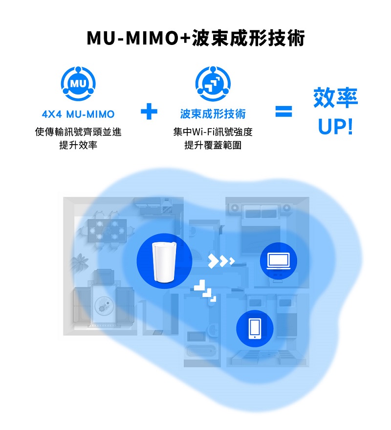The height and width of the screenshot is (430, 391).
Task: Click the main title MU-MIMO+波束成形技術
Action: tap(195, 38)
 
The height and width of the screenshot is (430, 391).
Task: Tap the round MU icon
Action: tap(78, 84)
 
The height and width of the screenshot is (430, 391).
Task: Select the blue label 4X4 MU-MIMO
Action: tap(78, 114)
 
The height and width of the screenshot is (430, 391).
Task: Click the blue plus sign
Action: tap(149, 111)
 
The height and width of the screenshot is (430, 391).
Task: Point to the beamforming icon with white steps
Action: tap(213, 84)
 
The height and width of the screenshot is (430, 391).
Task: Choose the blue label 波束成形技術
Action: tap(213, 114)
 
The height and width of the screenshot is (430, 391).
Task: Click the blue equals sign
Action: tap(283, 111)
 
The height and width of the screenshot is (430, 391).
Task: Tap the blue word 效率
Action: tap(336, 97)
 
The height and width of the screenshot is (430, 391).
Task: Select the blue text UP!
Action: tap(335, 127)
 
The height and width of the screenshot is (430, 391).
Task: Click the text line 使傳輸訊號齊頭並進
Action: tap(78, 132)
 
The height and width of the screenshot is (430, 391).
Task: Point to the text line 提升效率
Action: tap(78, 145)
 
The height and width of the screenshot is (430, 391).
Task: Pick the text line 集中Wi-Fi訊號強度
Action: tap(213, 132)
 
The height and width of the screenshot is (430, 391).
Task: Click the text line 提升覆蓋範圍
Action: tap(213, 145)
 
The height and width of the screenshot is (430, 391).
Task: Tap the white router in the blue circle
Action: tap(164, 261)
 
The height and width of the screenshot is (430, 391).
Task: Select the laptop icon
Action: tap(279, 261)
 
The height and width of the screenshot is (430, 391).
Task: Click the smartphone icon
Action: tap(255, 328)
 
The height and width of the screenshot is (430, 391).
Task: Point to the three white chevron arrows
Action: tap(221, 260)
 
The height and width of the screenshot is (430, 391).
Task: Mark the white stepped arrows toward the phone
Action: tap(205, 291)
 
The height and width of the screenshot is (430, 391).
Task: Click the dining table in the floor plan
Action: tap(108, 231)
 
